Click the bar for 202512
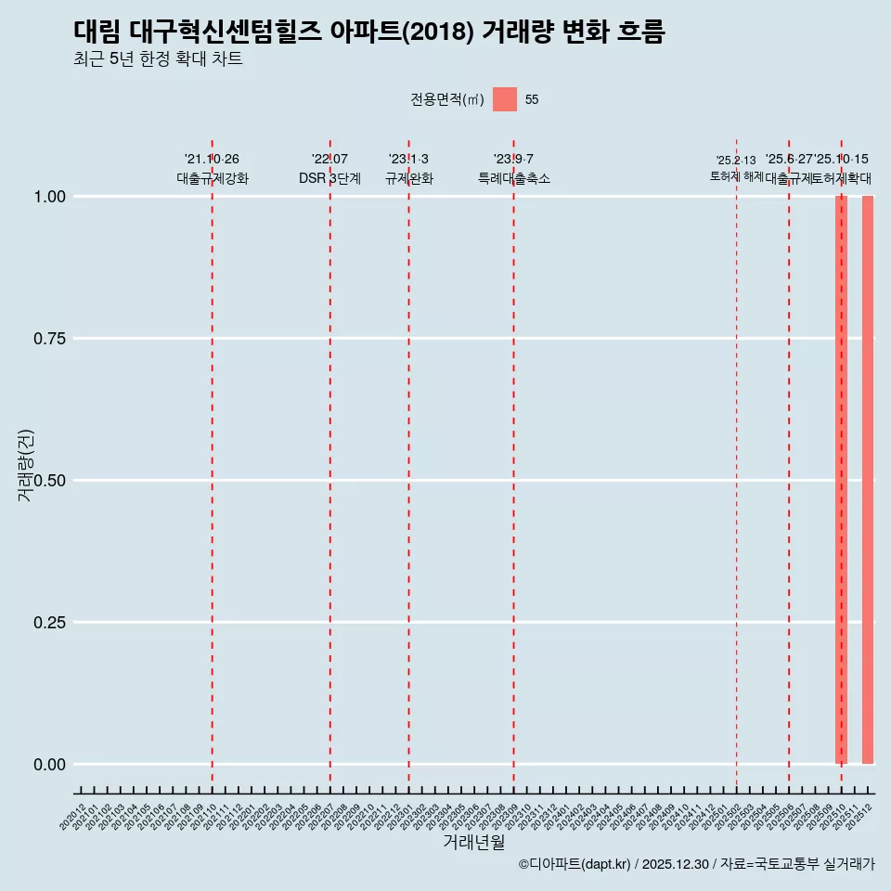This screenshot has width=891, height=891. click(868, 480)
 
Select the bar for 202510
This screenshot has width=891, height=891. click(841, 480)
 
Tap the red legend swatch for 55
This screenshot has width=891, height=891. click(505, 99)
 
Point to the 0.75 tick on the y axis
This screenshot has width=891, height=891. click(45, 339)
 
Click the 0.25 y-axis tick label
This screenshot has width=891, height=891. click(45, 623)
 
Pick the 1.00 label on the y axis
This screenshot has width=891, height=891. click(45, 197)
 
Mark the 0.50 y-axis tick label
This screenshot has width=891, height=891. click(45, 481)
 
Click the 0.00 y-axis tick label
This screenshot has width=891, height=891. click(45, 765)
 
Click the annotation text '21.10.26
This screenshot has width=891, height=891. click(212, 160)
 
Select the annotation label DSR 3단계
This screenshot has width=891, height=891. click(329, 178)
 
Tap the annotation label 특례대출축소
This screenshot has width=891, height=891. click(513, 178)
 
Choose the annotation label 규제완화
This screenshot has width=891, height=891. click(408, 178)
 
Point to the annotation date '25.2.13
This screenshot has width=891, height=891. click(736, 161)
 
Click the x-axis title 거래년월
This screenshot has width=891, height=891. click(473, 842)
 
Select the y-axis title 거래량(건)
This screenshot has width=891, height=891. click(25, 466)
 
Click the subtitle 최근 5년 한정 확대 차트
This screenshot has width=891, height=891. click(158, 59)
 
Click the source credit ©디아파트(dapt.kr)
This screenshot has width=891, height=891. click(575, 864)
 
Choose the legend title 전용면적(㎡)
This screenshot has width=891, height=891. click(447, 99)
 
